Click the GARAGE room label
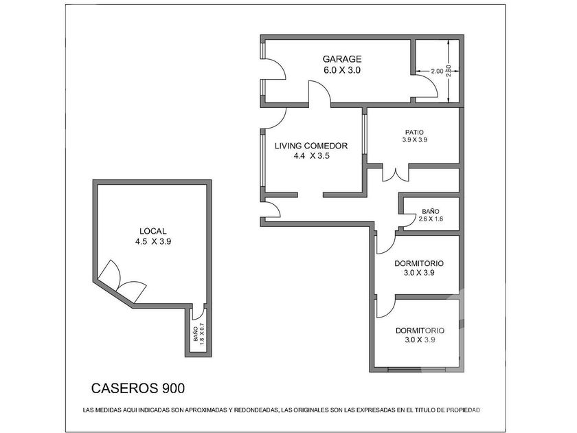[x=342, y=59]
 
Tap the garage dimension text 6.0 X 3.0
[x=342, y=70]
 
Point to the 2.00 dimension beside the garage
[x=437, y=71]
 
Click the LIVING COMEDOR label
[x=311, y=146]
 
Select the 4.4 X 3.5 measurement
[x=311, y=156]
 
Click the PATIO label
[x=414, y=132]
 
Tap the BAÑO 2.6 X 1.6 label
[x=431, y=215]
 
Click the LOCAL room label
[x=152, y=231]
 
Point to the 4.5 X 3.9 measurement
[x=153, y=242]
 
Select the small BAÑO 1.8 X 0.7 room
[x=199, y=333]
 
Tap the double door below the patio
[x=396, y=175]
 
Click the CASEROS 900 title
[x=138, y=388]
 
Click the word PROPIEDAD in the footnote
[x=463, y=410]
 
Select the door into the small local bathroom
[x=199, y=312]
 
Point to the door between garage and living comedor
[x=319, y=93]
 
